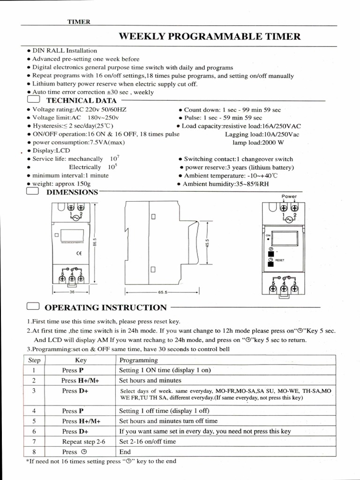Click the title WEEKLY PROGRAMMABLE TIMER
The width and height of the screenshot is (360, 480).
pyautogui.click(x=210, y=37)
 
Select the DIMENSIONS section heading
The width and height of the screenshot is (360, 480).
pyautogui.click(x=72, y=192)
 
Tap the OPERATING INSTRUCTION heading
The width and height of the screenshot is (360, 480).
pyautogui.click(x=105, y=307)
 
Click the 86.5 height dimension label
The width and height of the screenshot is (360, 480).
pyautogui.click(x=94, y=242)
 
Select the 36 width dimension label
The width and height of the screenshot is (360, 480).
pyautogui.click(x=72, y=292)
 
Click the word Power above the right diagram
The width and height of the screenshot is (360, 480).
pyautogui.click(x=289, y=196)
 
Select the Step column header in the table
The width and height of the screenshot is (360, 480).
pyautogui.click(x=34, y=360)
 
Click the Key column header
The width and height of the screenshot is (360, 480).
pyautogui.click(x=81, y=360)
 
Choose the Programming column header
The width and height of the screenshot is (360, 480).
pyautogui.click(x=139, y=360)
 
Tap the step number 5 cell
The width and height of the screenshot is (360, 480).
pyautogui.click(x=34, y=421)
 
